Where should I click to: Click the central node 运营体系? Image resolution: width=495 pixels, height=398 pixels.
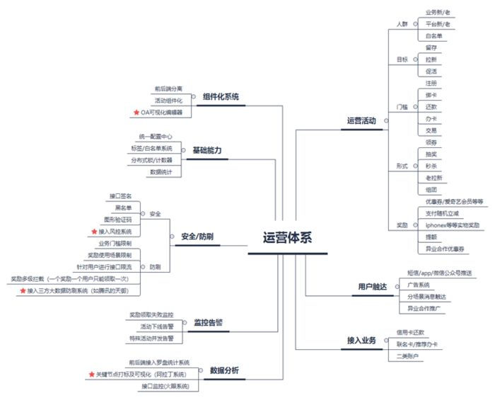[x=287, y=239]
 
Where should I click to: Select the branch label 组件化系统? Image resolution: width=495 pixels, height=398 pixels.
[x=221, y=97]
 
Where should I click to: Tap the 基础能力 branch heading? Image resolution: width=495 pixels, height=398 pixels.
[x=206, y=150]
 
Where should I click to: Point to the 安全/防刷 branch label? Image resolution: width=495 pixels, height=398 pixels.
[x=197, y=237]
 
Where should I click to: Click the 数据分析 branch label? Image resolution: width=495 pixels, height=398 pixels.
[x=224, y=370]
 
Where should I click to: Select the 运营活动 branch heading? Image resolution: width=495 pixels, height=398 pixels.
[x=361, y=120]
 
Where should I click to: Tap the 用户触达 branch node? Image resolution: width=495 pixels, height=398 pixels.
[x=372, y=286]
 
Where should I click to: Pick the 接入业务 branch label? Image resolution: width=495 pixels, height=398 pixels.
[x=361, y=341]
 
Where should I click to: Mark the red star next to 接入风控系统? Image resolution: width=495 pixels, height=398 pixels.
[x=93, y=232]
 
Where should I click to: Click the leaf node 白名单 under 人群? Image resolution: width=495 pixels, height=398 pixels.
[x=434, y=35]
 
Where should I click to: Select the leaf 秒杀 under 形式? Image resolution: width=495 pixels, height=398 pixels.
[x=431, y=165]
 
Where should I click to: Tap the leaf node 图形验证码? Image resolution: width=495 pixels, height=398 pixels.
[x=118, y=220]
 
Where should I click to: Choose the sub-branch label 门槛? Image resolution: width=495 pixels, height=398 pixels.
[x=402, y=107]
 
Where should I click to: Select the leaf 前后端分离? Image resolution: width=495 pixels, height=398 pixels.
[x=168, y=89]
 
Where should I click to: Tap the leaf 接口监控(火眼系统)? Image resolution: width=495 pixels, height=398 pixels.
[x=165, y=386]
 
